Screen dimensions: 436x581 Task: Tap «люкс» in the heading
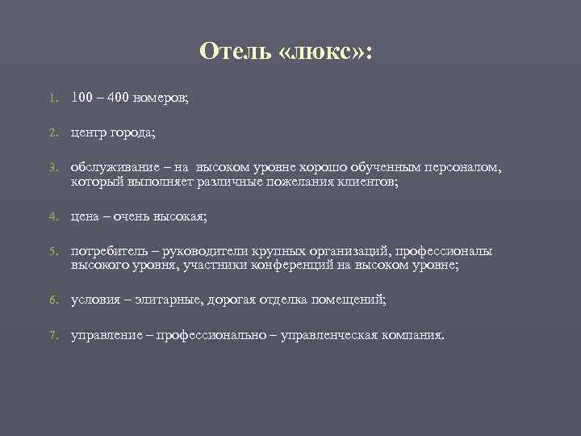pos(322,52)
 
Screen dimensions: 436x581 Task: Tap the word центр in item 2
pos(90,132)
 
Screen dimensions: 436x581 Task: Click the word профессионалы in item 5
pos(443,251)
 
